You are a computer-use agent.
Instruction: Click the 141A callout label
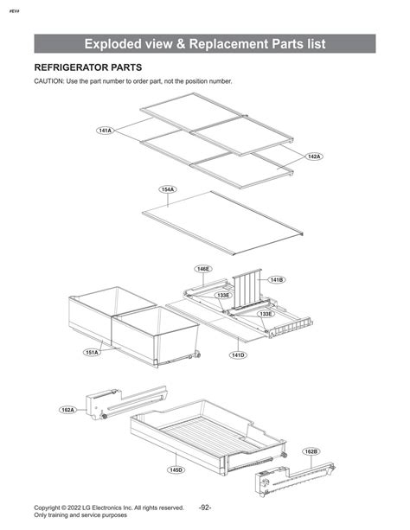pyautogui.click(x=106, y=131)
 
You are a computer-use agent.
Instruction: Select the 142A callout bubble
pyautogui.click(x=314, y=156)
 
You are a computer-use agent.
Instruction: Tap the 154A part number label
pyautogui.click(x=168, y=189)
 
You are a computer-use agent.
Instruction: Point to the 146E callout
pyautogui.click(x=203, y=269)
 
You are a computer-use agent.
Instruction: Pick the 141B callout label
pyautogui.click(x=277, y=280)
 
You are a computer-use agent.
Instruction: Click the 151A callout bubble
pyautogui.click(x=92, y=352)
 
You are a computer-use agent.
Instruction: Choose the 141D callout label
pyautogui.click(x=238, y=354)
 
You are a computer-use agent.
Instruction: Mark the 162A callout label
pyautogui.click(x=67, y=410)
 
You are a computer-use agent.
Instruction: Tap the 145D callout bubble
pyautogui.click(x=176, y=469)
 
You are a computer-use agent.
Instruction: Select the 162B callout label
pyautogui.click(x=311, y=451)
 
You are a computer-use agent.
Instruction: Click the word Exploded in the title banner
pyautogui.click(x=113, y=44)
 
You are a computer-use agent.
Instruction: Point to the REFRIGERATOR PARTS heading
pyautogui.click(x=88, y=67)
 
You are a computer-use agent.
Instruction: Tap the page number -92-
pyautogui.click(x=205, y=508)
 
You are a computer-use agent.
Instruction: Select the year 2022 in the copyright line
pyautogui.click(x=74, y=508)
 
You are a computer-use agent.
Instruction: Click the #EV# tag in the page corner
pyautogui.click(x=14, y=11)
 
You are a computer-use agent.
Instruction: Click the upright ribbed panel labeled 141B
pyautogui.click(x=247, y=290)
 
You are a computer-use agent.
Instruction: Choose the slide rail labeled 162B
pyautogui.click(x=295, y=479)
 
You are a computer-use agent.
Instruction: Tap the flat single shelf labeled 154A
pyautogui.click(x=222, y=223)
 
